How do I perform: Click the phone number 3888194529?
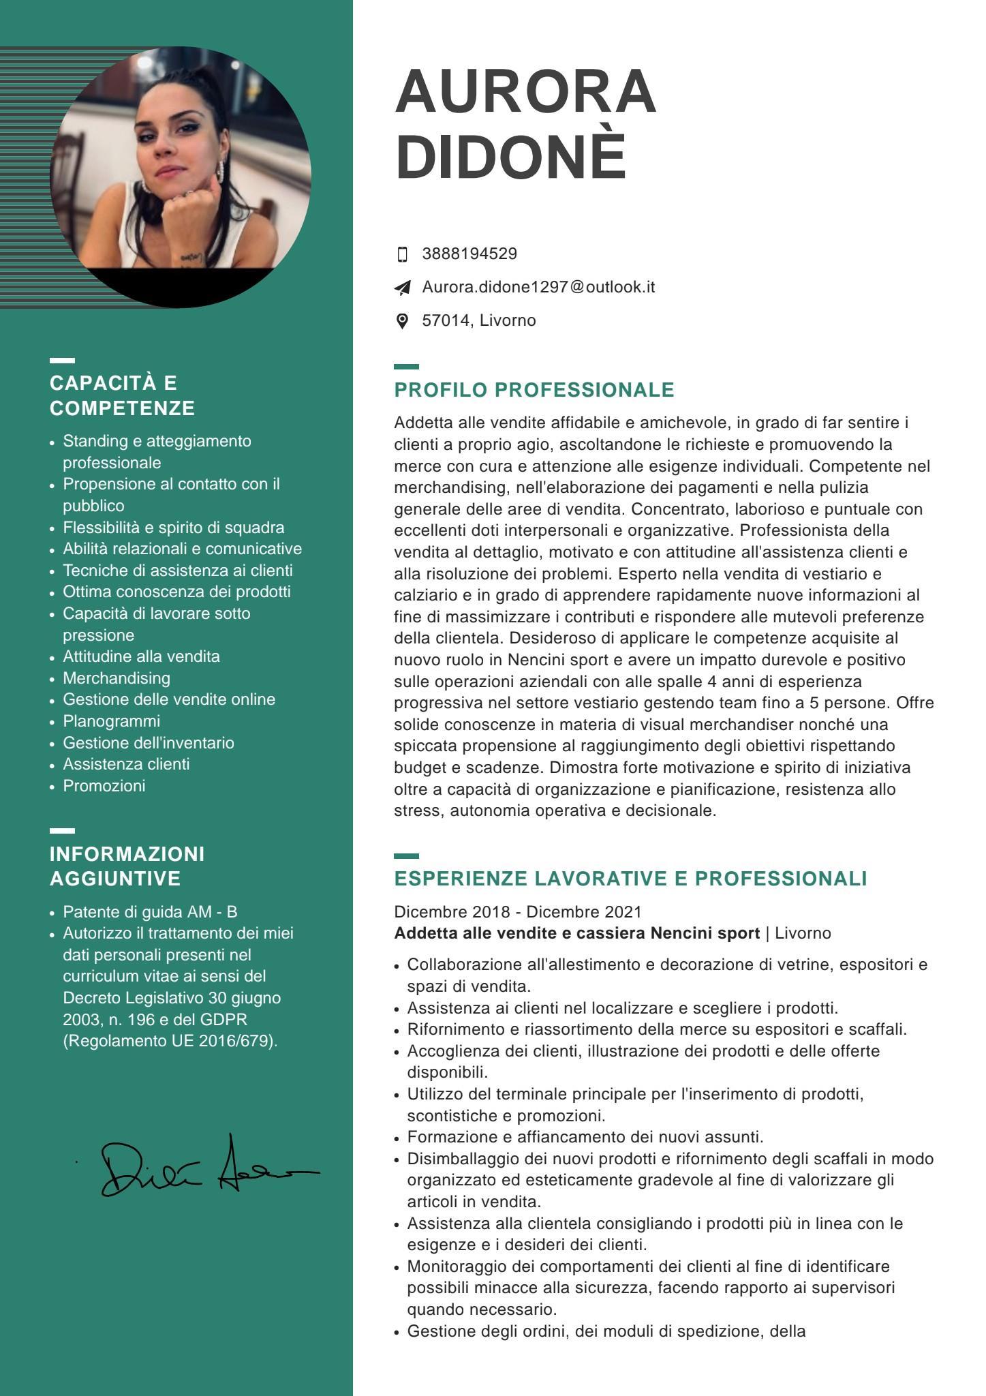469,254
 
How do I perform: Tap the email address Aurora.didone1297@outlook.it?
538,287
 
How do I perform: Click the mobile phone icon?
402,254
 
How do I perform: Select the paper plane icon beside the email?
403,288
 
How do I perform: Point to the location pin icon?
402,321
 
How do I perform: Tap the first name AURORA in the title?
525,92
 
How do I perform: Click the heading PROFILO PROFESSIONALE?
534,390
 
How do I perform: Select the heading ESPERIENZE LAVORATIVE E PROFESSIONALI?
630,879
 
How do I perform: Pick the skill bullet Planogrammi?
111,721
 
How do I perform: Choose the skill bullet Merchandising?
117,678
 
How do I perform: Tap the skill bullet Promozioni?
104,786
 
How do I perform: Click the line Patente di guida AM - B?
150,912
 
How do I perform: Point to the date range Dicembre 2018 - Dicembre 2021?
518,912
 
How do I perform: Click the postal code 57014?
445,320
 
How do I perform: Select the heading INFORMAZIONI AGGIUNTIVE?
127,866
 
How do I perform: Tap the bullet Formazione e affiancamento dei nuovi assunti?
585,1137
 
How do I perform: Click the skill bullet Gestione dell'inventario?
149,743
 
